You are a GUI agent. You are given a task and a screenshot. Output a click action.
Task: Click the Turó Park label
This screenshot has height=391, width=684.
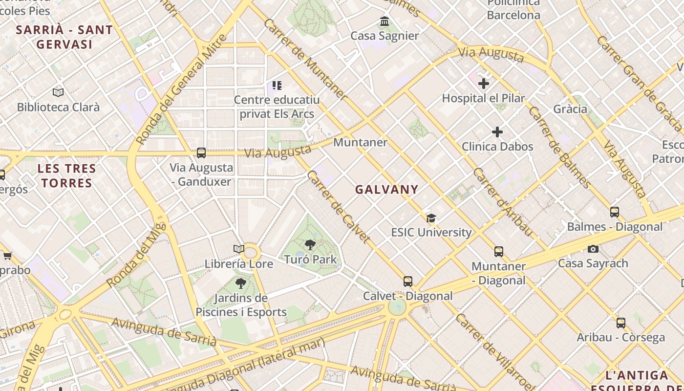310,259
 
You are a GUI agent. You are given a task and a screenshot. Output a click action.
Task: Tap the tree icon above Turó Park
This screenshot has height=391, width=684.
310,245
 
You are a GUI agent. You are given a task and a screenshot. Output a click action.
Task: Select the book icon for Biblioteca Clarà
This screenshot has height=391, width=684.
58,92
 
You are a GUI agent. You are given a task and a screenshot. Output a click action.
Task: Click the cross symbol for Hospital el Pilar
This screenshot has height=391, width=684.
484,84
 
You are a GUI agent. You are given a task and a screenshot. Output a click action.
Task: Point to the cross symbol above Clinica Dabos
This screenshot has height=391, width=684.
497,132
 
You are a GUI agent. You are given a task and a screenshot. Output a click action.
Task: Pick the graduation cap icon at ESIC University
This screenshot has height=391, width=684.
431,218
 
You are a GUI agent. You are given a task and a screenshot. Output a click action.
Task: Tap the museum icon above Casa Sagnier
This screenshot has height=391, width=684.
385,22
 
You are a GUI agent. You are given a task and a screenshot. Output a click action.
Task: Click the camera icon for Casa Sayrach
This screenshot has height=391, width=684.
593,249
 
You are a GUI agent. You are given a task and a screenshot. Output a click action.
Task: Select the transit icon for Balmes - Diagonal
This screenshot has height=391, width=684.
615,212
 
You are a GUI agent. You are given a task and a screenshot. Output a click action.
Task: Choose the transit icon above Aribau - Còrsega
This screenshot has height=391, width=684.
621,323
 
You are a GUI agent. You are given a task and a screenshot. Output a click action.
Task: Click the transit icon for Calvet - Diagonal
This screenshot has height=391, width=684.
408,282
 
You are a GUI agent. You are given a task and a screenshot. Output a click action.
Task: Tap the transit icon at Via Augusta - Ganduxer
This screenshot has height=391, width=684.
201,153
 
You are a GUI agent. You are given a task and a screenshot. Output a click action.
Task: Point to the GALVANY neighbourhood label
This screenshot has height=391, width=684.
386,190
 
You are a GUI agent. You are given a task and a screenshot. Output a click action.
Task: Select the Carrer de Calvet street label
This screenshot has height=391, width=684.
338,206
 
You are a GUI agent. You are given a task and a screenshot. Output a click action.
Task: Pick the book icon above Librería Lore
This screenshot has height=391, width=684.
238,249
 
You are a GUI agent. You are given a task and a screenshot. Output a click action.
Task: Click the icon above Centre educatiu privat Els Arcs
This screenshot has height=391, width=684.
277,86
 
